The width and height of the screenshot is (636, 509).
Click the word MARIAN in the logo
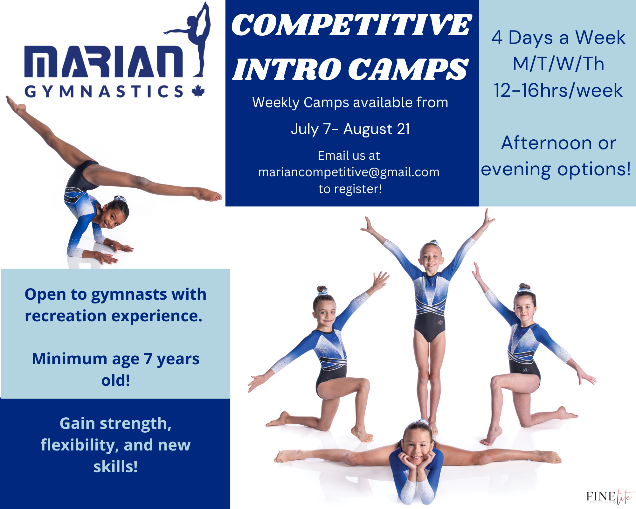pos(104,62)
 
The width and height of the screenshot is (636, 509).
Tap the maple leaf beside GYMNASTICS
pos(198,91)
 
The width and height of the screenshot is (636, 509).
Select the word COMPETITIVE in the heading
pos(352,25)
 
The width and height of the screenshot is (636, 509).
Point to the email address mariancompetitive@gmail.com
pos(349,172)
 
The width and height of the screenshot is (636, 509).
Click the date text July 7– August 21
pos(350,129)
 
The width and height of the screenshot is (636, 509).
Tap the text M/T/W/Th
pos(558,64)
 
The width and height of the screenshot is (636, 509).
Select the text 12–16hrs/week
pos(558,90)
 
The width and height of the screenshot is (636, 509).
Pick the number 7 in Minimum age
pos(148,359)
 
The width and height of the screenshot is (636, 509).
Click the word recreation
pos(66,316)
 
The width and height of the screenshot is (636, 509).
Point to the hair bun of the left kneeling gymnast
pos(322,290)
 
